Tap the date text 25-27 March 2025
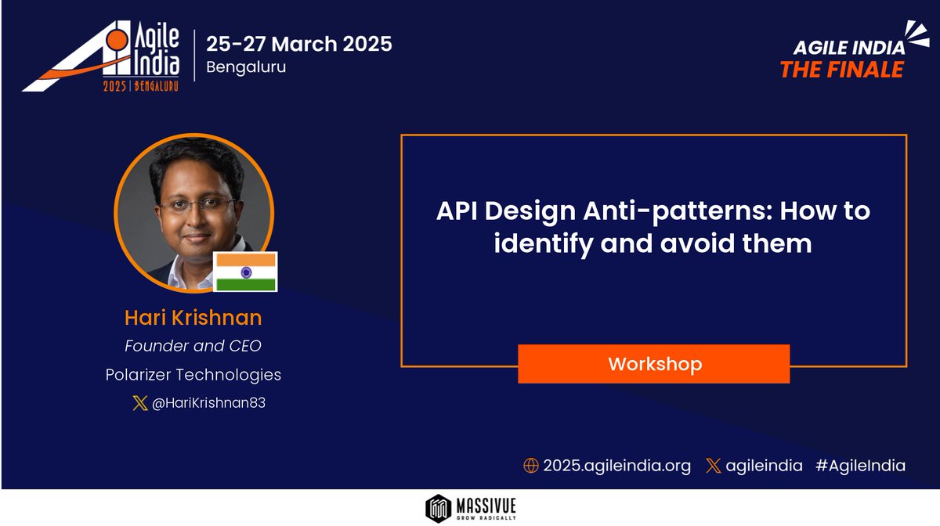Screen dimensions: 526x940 pyautogui.click(x=299, y=44)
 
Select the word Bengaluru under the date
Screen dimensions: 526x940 pyautogui.click(x=246, y=67)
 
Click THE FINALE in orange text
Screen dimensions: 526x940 pyautogui.click(x=841, y=70)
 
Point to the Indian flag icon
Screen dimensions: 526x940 pyautogui.click(x=246, y=272)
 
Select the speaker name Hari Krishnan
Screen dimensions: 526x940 pyautogui.click(x=193, y=318)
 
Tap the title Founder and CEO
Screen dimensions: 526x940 pyautogui.click(x=193, y=345)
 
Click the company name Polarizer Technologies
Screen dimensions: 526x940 pyautogui.click(x=193, y=375)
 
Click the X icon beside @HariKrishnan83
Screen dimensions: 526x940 pyautogui.click(x=140, y=404)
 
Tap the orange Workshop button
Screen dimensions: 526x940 pyautogui.click(x=654, y=364)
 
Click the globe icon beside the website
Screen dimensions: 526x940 pyautogui.click(x=530, y=466)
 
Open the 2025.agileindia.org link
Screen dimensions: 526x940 pyautogui.click(x=617, y=466)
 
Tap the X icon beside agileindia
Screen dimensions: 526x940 pyautogui.click(x=713, y=466)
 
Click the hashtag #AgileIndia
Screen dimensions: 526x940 pyautogui.click(x=860, y=466)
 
